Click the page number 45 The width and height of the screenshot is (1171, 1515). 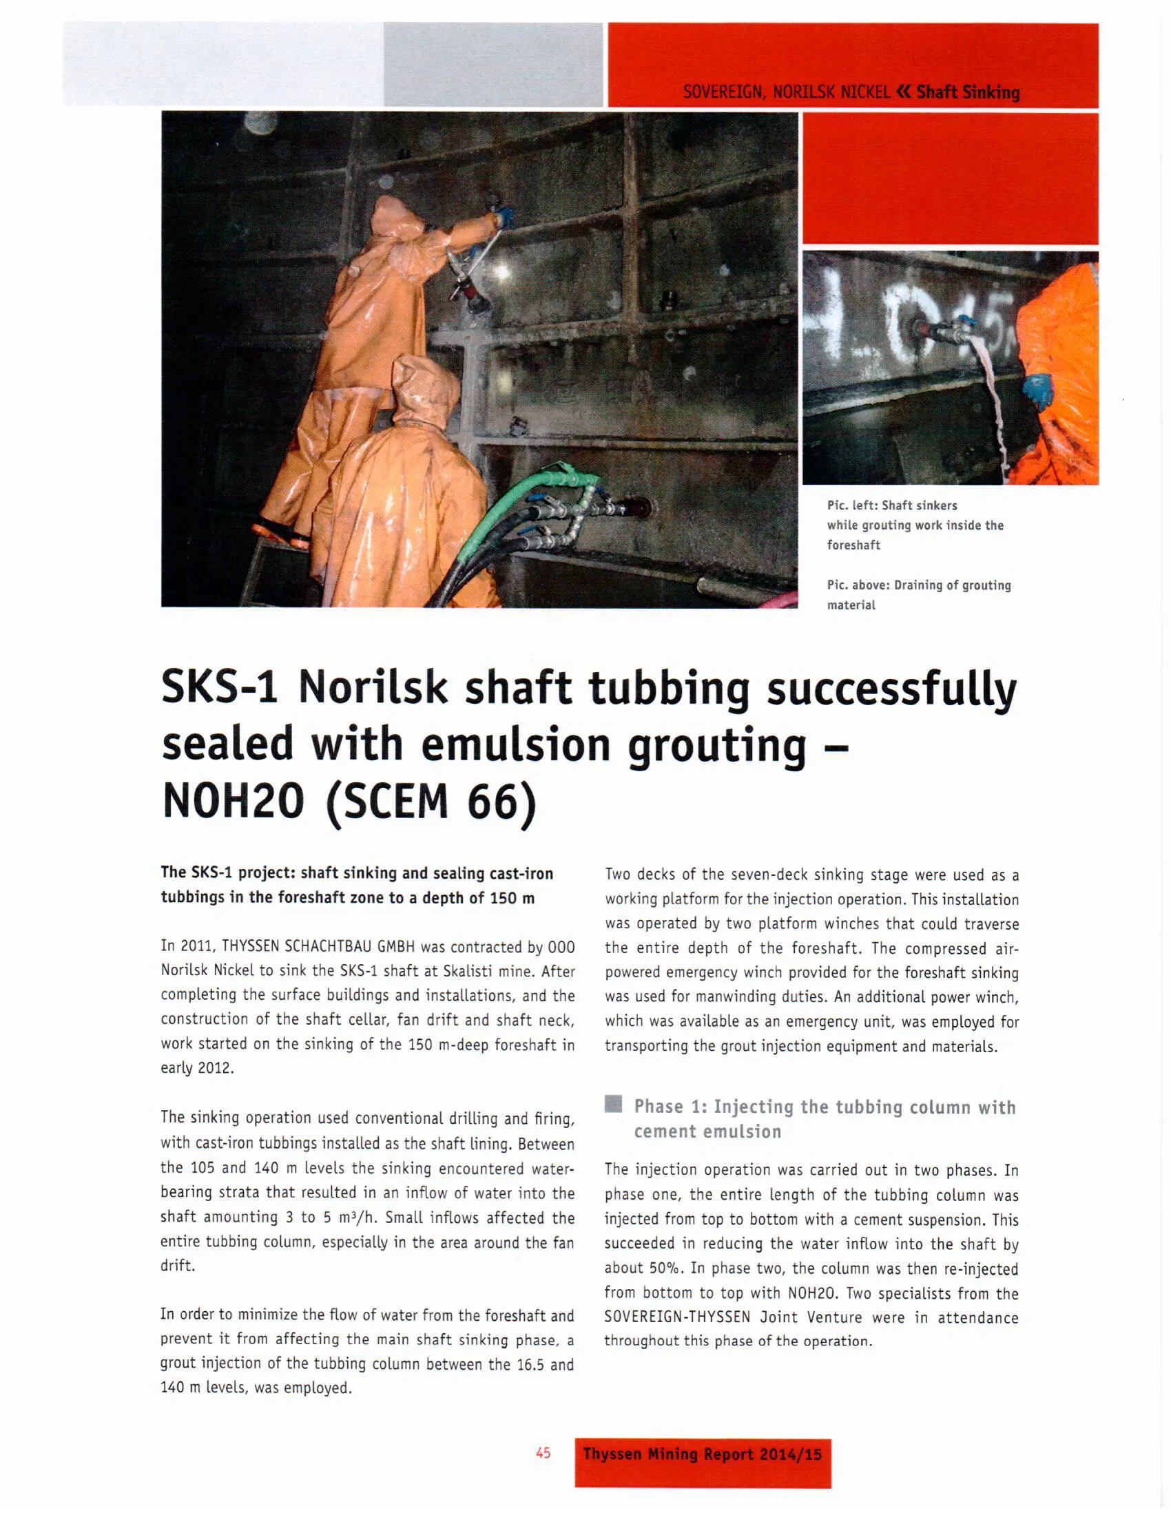click(543, 1452)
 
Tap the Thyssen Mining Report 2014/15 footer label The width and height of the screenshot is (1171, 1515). click(702, 1454)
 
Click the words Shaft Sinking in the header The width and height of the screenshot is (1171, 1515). click(968, 92)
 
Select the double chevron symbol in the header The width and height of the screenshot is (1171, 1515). click(903, 92)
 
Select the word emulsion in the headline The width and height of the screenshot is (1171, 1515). click(515, 744)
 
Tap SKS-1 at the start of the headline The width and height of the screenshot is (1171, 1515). click(219, 687)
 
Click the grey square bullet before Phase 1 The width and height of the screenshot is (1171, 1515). click(613, 1104)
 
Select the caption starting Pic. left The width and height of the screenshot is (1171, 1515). click(914, 525)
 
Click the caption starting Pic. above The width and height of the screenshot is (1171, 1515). click(918, 594)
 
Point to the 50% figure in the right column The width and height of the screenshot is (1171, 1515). click(665, 1268)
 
